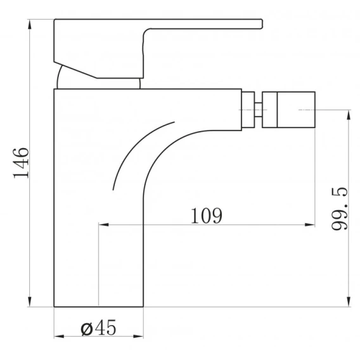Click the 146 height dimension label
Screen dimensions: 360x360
(21, 163)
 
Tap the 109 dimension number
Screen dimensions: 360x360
(207, 215)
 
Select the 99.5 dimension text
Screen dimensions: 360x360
(340, 209)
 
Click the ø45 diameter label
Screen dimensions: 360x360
(98, 328)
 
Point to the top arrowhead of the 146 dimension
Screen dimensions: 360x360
(30, 24)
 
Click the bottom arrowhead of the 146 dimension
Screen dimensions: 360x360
(30, 302)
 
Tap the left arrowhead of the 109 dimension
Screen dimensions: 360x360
(103, 224)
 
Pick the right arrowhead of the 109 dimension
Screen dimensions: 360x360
(310, 224)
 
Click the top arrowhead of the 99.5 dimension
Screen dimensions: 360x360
(349, 115)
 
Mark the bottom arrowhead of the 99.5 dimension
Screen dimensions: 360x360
(349, 302)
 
